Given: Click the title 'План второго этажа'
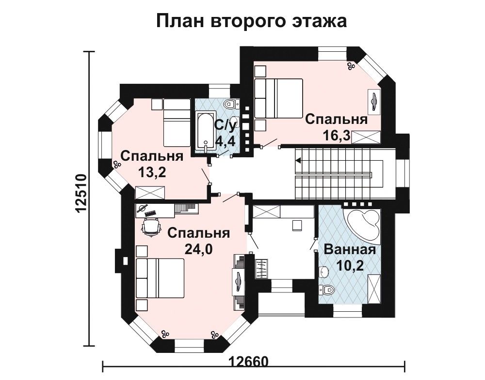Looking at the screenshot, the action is point(251,21).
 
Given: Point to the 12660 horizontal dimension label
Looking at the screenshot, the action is point(248,362).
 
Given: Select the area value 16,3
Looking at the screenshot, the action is point(336,135).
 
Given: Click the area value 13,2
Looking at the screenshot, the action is point(152,172).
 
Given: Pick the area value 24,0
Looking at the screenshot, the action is point(198,249).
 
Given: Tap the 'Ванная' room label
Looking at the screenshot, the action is point(350,249).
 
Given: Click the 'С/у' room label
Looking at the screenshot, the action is point(226,125).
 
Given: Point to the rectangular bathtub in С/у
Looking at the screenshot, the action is point(205,131).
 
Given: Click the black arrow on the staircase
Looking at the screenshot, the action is point(298,160).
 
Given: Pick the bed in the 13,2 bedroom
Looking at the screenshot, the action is point(177,123).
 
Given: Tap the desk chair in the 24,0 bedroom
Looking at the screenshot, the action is point(151,227).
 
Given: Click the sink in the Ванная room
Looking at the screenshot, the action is point(324,272).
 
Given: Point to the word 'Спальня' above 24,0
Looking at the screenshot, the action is point(198,234).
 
